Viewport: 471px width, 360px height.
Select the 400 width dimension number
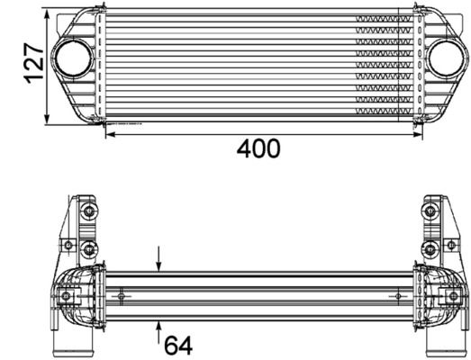[258, 149]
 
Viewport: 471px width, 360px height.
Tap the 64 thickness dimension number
[178, 344]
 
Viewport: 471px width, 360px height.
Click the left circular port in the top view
[69, 60]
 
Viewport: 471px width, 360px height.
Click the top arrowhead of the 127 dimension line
[48, 13]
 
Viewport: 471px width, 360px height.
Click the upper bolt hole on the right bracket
[430, 212]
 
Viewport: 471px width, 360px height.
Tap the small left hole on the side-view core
[122, 293]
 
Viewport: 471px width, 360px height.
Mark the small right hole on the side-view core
[397, 293]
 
